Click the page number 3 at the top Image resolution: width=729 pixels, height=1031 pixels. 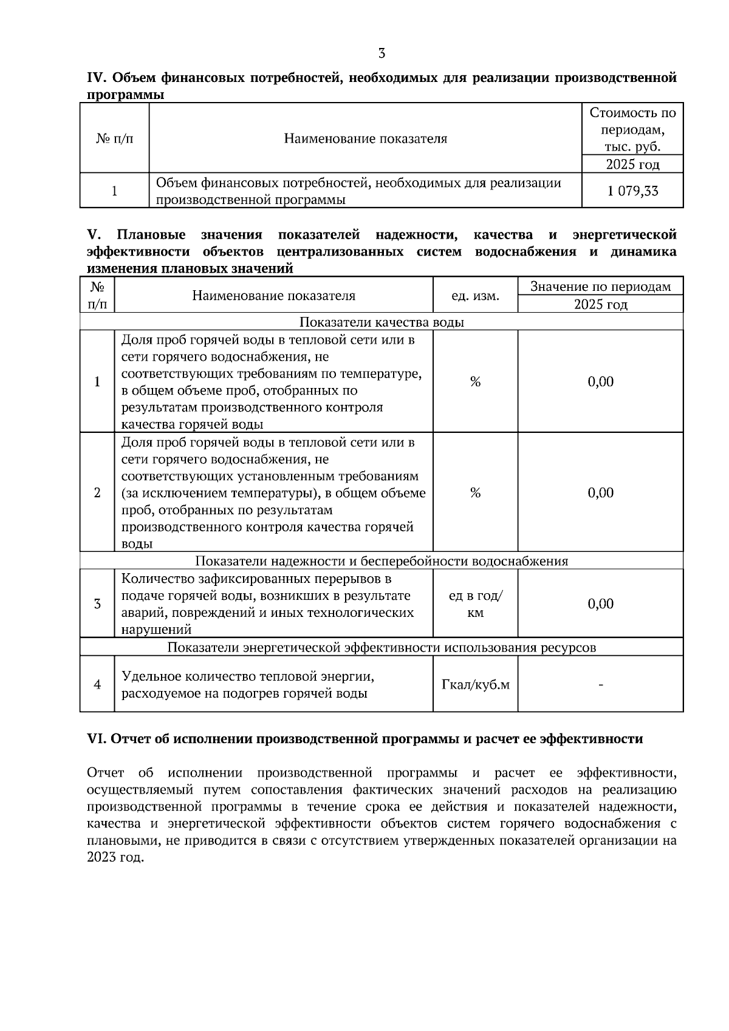[x=382, y=53]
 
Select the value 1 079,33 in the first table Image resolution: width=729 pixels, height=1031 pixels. [x=632, y=191]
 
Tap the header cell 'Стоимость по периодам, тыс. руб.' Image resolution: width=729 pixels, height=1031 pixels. [x=632, y=129]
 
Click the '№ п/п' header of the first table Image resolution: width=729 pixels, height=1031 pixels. [x=114, y=138]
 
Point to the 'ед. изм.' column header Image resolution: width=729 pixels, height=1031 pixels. [x=475, y=296]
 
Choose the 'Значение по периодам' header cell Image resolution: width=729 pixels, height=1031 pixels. [x=600, y=287]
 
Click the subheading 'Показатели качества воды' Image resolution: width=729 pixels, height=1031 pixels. [x=382, y=322]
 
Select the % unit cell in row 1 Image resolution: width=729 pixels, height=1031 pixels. [x=475, y=381]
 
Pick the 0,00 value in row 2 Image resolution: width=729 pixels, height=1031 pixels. [x=600, y=492]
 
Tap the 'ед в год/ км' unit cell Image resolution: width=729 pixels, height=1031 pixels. [x=475, y=604]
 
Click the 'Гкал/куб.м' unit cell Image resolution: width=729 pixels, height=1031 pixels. [x=475, y=685]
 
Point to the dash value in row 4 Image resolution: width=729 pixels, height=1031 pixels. [x=600, y=685]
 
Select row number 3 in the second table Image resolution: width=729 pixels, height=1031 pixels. [x=97, y=604]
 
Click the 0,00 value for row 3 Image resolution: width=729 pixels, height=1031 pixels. [x=600, y=604]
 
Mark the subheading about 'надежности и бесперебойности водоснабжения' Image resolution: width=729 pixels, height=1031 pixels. [x=382, y=561]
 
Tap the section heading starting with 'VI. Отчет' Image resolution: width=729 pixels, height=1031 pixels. [x=364, y=739]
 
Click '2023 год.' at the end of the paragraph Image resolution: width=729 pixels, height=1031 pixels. [x=115, y=858]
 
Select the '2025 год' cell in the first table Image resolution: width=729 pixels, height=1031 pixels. [x=632, y=165]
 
